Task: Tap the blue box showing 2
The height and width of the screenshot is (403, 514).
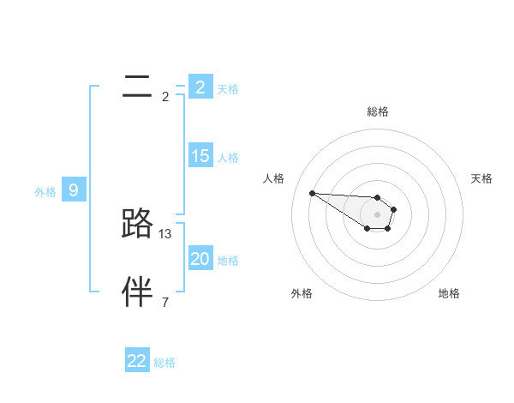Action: tap(200, 87)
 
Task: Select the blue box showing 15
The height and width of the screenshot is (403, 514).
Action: tap(200, 156)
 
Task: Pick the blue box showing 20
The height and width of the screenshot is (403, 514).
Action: tap(200, 259)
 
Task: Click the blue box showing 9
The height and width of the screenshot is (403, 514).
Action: tap(73, 190)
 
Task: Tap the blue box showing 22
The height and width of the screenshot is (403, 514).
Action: tap(136, 361)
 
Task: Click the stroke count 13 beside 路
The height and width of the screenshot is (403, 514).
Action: tap(166, 233)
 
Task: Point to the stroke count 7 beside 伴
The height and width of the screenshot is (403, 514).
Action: tap(165, 302)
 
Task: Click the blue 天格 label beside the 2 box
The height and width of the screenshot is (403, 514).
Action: tap(228, 88)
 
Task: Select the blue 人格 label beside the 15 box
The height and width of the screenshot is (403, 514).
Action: tap(228, 158)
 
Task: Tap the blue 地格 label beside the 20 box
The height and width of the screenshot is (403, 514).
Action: tap(228, 261)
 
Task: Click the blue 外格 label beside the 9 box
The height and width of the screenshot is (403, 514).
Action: tap(45, 192)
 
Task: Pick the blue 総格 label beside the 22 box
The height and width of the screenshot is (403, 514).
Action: tap(164, 363)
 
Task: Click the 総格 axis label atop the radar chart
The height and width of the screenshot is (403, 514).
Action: tap(378, 111)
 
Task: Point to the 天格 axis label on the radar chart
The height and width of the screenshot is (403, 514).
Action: tap(481, 178)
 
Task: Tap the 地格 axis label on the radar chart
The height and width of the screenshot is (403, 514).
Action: tap(449, 293)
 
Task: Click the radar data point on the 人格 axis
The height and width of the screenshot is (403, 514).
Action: tap(312, 193)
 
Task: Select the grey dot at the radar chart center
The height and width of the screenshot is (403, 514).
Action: tap(377, 214)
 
